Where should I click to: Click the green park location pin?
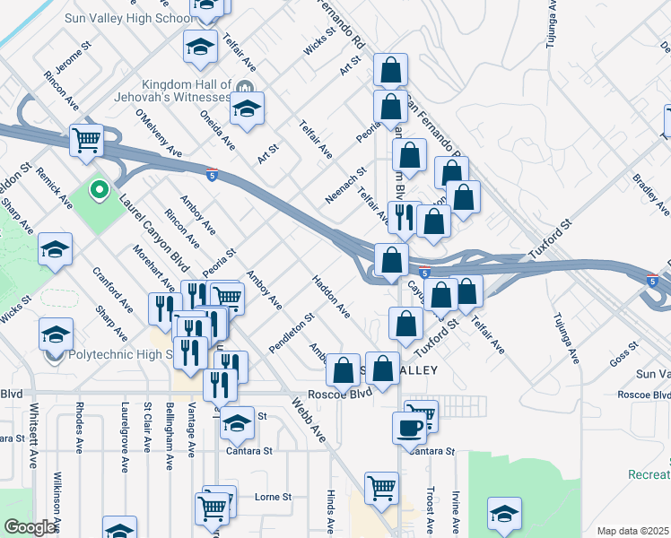99,190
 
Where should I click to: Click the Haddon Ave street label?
331,297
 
